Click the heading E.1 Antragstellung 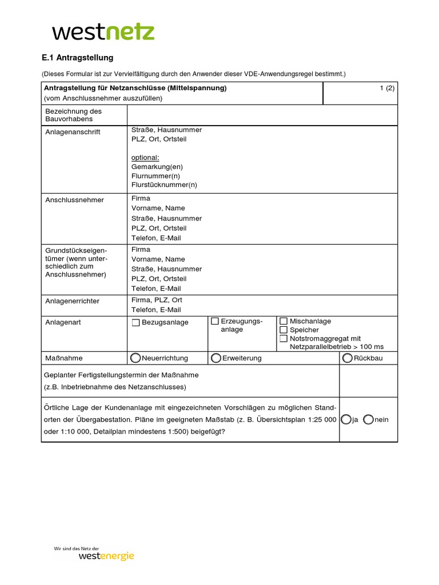(78, 58)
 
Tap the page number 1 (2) (387, 88)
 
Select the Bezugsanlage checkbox (135, 323)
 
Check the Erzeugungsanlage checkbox (215, 321)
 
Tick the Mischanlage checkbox (283, 321)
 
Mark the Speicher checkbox (283, 330)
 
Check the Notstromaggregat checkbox (283, 338)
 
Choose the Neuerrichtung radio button (135, 358)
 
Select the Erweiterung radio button (215, 358)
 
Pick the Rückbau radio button (348, 358)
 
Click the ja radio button (346, 419)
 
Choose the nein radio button (368, 419)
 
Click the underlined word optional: (145, 157)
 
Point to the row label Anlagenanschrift (73, 132)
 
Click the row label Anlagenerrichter (72, 300)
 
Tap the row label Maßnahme (64, 358)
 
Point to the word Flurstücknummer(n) (164, 185)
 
